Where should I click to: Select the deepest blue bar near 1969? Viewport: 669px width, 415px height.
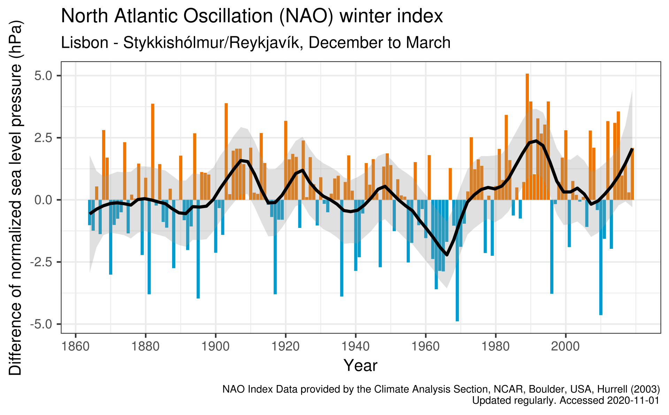pyautogui.click(x=457, y=261)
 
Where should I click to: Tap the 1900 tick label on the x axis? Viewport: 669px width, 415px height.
pyautogui.click(x=215, y=347)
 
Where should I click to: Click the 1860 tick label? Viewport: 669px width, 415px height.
pyautogui.click(x=75, y=347)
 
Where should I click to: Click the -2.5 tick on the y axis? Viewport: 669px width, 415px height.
pyautogui.click(x=43, y=262)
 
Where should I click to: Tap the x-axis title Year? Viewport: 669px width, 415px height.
pyautogui.click(x=360, y=366)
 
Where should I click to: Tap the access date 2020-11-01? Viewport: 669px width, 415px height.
pyautogui.click(x=633, y=401)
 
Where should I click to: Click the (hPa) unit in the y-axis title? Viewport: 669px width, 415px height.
pyautogui.click(x=16, y=38)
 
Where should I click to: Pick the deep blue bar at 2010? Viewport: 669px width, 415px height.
pyautogui.click(x=601, y=258)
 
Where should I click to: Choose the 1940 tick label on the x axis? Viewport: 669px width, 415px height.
pyautogui.click(x=355, y=347)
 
